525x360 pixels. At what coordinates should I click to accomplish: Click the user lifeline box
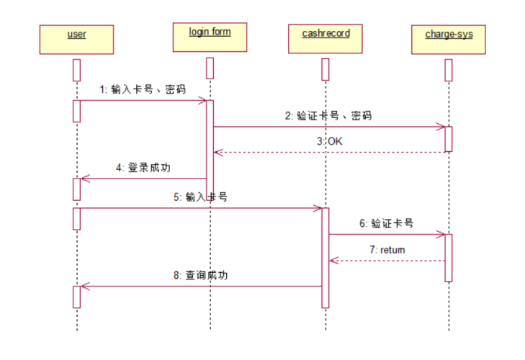pyautogui.click(x=76, y=39)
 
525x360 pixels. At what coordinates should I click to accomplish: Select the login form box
pyautogui.click(x=210, y=37)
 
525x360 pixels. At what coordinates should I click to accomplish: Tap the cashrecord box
pyautogui.click(x=325, y=39)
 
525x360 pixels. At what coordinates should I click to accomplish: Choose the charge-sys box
pyautogui.click(x=449, y=39)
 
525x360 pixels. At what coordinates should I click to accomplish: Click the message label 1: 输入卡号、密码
pyautogui.click(x=143, y=89)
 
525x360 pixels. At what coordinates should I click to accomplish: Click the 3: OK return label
pyautogui.click(x=329, y=141)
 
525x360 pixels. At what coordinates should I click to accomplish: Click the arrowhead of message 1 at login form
pyautogui.click(x=204, y=101)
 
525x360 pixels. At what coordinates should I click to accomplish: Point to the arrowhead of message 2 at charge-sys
pyautogui.click(x=441, y=127)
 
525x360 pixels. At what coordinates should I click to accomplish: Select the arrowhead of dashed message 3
pyautogui.click(x=217, y=152)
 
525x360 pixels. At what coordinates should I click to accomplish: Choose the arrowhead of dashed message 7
pyautogui.click(x=333, y=260)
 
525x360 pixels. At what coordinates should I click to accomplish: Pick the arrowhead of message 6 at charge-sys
pyautogui.click(x=441, y=234)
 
